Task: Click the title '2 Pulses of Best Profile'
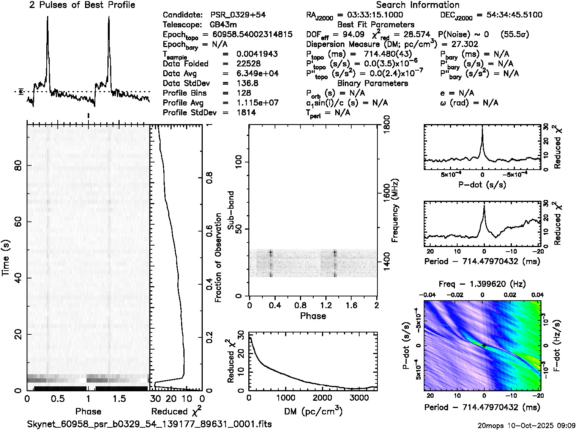click(82, 5)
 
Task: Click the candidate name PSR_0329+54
click(238, 15)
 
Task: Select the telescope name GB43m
click(223, 25)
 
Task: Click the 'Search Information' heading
click(418, 5)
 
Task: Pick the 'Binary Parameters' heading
click(372, 83)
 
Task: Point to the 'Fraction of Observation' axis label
click(218, 258)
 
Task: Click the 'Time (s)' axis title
click(6, 258)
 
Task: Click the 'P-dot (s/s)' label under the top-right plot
click(482, 185)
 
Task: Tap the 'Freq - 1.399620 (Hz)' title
click(482, 284)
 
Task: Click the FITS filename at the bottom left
click(149, 424)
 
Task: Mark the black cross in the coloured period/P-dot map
click(484, 345)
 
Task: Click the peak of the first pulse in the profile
click(47, 17)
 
